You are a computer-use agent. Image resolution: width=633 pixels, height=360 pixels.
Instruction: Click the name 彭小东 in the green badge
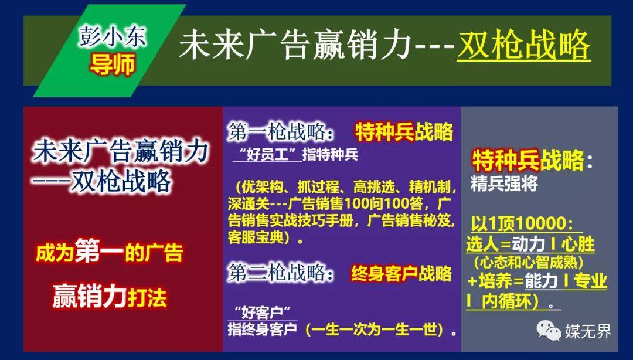[112, 37]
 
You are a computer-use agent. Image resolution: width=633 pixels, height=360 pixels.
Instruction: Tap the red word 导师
[112, 64]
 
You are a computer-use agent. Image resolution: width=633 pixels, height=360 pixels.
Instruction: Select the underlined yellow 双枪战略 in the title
[523, 46]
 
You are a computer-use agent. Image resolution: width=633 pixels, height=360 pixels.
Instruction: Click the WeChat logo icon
[549, 331]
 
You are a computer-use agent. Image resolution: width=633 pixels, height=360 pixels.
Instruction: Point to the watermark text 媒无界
[588, 331]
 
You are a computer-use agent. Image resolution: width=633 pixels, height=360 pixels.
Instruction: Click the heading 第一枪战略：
[281, 132]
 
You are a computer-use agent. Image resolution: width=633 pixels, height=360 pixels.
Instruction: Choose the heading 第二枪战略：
[281, 273]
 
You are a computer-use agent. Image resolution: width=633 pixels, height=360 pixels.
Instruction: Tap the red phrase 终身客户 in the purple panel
[384, 274]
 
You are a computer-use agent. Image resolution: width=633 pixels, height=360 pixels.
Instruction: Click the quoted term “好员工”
[267, 155]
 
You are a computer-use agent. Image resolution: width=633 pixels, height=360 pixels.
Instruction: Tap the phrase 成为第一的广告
[110, 253]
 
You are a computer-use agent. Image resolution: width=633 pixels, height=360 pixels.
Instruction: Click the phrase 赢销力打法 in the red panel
[110, 297]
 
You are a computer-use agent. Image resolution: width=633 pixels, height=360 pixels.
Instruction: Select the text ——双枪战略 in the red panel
[102, 181]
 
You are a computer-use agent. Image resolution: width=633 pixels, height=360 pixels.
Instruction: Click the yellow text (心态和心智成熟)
[529, 263]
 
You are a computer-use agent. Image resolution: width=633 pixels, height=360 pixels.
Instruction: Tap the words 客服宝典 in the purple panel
[256, 237]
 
